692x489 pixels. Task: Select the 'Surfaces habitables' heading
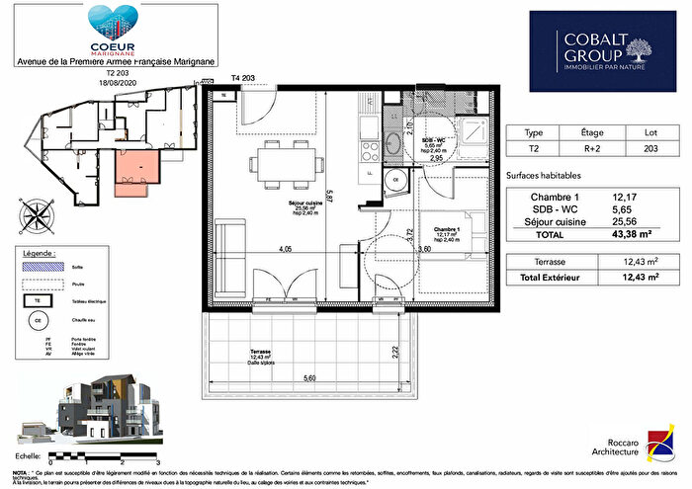(541, 176)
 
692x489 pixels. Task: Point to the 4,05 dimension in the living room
(286, 249)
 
